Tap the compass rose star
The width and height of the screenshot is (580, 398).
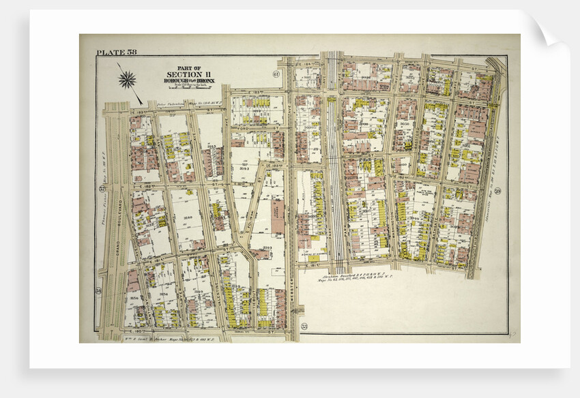127,80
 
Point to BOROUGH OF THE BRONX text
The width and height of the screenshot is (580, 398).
189,81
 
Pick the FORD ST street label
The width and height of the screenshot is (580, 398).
245,127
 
